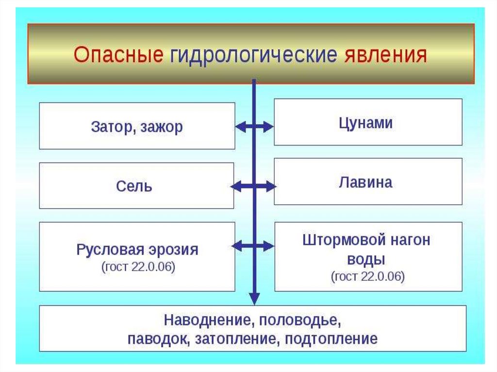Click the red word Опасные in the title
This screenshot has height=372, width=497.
118,55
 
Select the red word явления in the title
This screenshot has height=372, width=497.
386,55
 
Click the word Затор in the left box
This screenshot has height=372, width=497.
110,127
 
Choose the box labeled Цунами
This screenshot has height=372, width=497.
368,123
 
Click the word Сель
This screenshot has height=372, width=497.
134,186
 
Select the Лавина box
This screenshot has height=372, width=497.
368,182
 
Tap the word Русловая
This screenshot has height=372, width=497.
105,250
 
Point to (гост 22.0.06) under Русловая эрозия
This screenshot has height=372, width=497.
138,267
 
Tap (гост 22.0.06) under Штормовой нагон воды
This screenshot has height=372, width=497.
368,276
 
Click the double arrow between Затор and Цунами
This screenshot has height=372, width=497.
254,127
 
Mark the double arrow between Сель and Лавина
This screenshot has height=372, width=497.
253,186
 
